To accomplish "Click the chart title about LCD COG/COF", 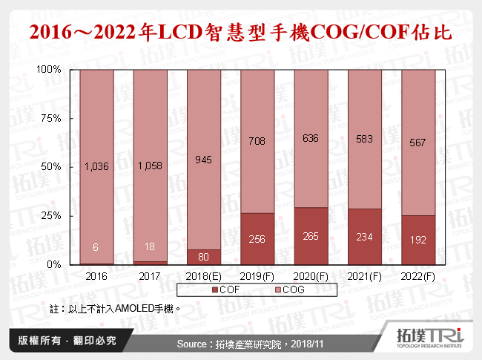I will (240, 33).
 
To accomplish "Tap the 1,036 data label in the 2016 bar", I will (96, 166).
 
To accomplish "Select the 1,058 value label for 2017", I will (150, 166).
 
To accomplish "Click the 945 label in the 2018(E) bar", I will (203, 159).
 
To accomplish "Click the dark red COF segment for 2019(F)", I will (257, 239).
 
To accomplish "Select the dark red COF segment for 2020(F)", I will (310, 236).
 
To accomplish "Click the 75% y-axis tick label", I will (51, 118).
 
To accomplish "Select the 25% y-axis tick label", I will (51, 215).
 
